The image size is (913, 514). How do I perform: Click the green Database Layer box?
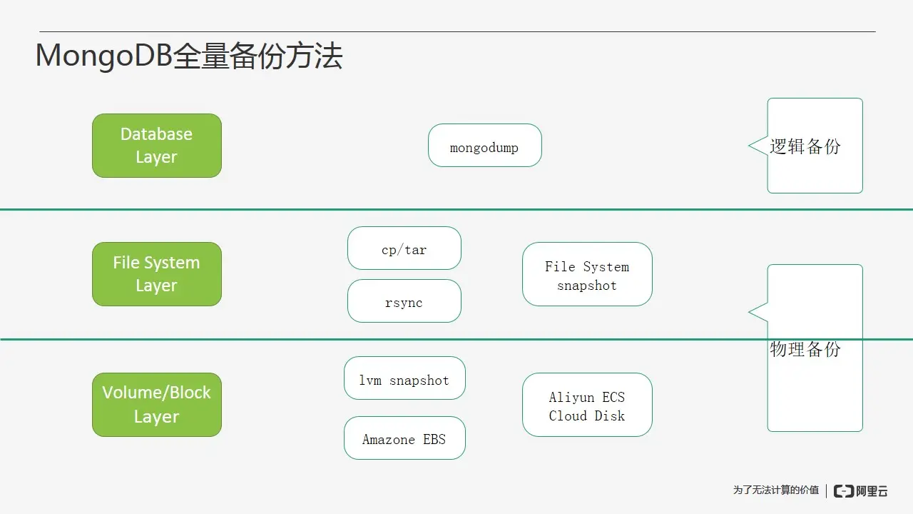click(x=157, y=146)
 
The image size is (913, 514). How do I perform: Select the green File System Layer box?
click(x=157, y=274)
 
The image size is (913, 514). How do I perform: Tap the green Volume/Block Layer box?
click(x=157, y=404)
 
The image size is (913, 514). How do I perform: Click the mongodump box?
click(x=484, y=146)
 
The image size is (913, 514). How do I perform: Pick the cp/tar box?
click(x=404, y=248)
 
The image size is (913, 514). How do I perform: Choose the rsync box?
click(x=404, y=301)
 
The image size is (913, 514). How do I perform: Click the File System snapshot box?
click(x=587, y=275)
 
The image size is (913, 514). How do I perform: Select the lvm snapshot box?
click(x=404, y=378)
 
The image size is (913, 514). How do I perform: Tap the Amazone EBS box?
click(x=404, y=438)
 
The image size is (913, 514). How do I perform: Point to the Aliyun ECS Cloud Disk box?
click(x=587, y=405)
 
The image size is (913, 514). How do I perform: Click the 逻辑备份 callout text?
click(x=805, y=146)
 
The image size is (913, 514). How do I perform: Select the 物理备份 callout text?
click(x=805, y=349)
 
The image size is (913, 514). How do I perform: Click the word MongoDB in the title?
click(x=104, y=56)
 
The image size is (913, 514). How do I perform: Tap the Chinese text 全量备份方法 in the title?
click(x=257, y=56)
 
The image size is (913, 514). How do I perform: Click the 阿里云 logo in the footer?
click(x=861, y=490)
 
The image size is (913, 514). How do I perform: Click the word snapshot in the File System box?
click(x=587, y=286)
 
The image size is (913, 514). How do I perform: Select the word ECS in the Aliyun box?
click(x=613, y=398)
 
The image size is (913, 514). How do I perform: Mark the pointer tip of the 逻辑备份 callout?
click(x=750, y=146)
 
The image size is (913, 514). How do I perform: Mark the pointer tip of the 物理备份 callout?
click(x=750, y=312)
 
